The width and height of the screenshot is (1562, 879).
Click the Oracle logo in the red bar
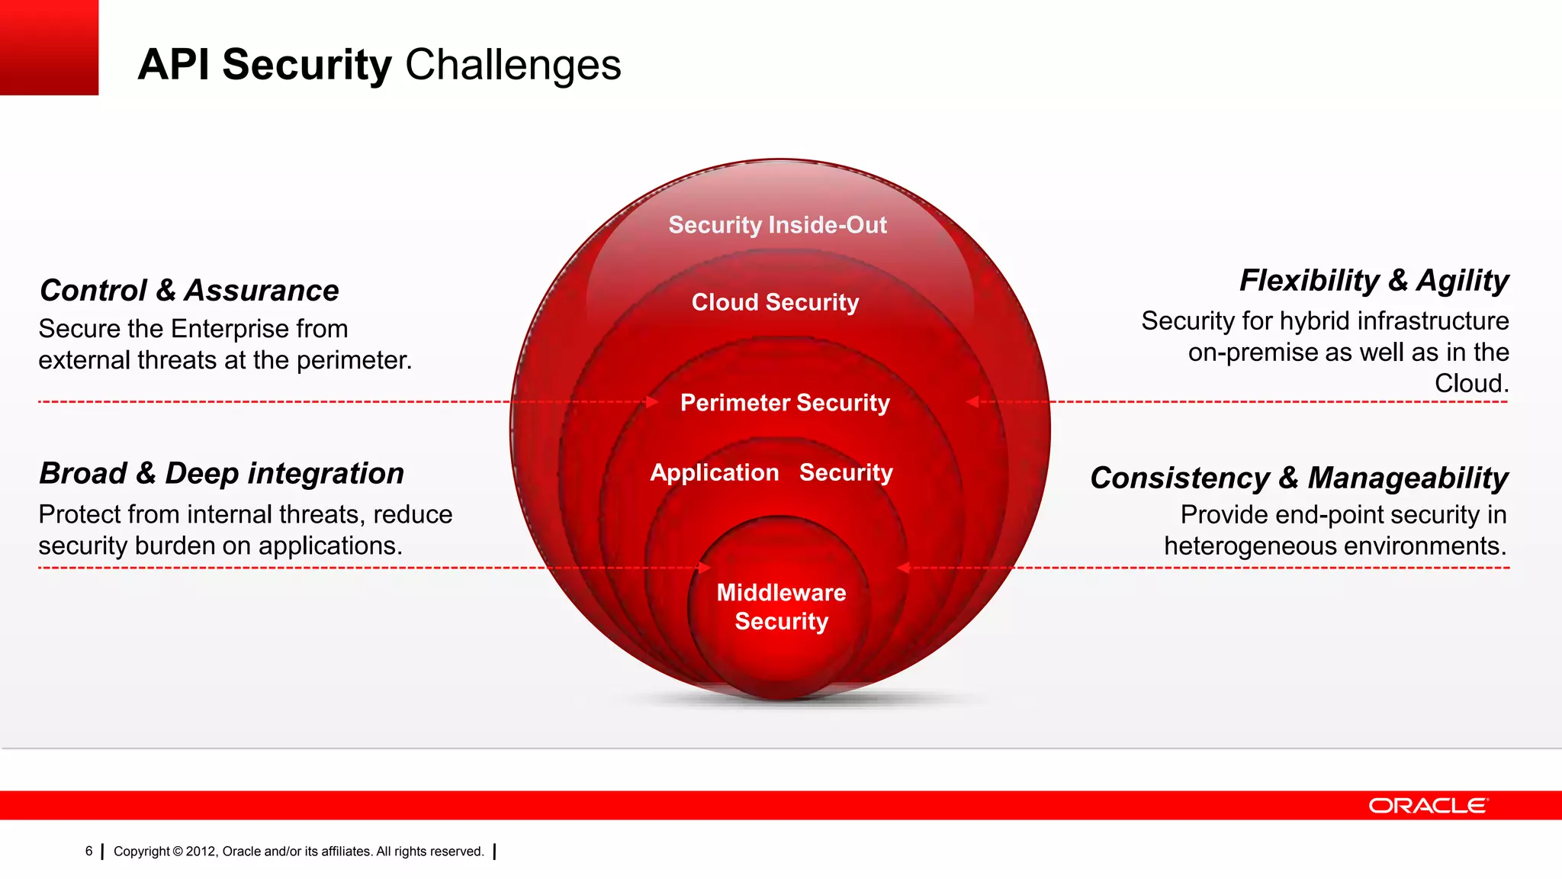coord(1428,806)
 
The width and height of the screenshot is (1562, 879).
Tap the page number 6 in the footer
coord(89,851)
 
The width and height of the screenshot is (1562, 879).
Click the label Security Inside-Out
coord(777,225)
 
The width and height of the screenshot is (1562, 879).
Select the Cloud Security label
coord(775,302)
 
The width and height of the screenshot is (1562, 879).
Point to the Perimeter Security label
coord(785,402)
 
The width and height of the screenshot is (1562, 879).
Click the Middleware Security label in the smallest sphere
coord(781,607)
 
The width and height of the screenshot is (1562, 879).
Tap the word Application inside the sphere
coord(714,472)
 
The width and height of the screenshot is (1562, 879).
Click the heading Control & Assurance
coord(189,291)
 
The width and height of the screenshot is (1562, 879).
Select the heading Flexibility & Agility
coord(1374,281)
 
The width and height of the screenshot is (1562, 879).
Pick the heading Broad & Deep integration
coord(221,473)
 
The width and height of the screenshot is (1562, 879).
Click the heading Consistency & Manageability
coord(1299,478)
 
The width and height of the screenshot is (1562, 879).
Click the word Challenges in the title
coord(513,65)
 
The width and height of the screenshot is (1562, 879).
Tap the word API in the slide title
coord(173,65)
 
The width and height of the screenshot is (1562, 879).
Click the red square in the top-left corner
coord(49,47)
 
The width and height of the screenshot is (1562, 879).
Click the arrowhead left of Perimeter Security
coord(652,401)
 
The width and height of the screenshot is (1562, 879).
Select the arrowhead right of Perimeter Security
coord(972,401)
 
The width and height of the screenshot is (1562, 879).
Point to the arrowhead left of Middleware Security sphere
coord(705,568)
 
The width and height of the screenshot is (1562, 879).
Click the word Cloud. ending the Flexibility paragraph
coord(1471,383)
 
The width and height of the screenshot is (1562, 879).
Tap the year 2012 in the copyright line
coord(201,852)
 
